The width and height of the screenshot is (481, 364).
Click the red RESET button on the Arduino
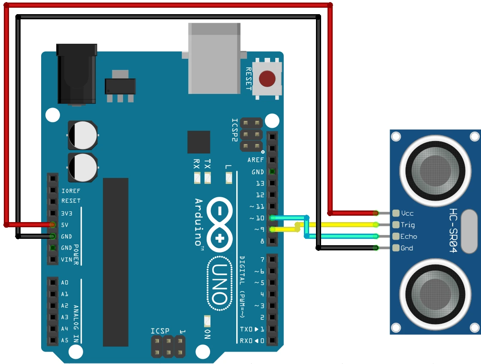(268, 79)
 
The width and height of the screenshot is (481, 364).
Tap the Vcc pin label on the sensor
(407, 213)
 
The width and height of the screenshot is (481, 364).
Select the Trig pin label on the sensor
(407, 225)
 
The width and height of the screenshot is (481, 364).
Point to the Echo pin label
(409, 236)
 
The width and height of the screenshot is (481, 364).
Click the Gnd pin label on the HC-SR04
(407, 248)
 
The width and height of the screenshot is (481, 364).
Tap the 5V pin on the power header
(52, 225)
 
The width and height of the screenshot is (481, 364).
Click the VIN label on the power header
(66, 259)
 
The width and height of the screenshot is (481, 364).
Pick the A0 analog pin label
(65, 283)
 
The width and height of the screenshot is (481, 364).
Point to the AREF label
(256, 160)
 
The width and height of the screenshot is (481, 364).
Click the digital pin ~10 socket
(272, 218)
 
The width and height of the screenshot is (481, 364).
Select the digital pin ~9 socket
(272, 229)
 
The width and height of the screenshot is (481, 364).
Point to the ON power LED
(207, 321)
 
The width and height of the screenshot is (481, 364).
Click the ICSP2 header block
(251, 135)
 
